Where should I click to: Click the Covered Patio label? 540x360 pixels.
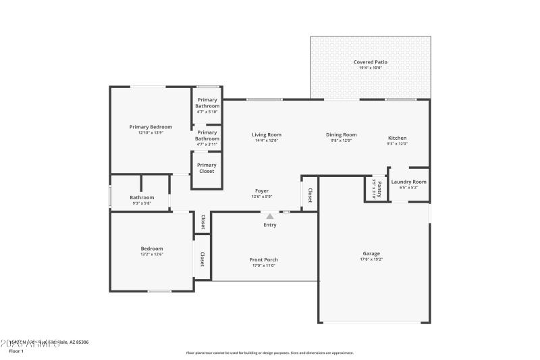(x=371, y=62)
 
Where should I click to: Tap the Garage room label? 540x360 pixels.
(x=371, y=254)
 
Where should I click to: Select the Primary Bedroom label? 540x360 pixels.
(x=151, y=127)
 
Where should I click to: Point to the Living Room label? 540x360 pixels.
(x=267, y=134)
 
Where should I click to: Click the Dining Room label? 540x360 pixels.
(x=341, y=134)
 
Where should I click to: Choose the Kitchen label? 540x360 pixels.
(x=397, y=138)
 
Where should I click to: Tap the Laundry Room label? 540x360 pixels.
(x=409, y=182)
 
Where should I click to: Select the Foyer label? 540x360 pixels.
(x=262, y=191)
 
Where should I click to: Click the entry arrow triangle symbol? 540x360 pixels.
(x=270, y=217)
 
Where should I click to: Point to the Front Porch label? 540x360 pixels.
(x=264, y=259)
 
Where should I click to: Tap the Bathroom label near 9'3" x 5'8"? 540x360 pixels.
(x=142, y=197)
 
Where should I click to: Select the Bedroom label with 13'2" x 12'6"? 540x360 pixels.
(x=151, y=249)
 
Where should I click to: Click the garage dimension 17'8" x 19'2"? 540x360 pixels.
(x=371, y=260)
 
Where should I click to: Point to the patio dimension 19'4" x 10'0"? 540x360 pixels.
(x=371, y=68)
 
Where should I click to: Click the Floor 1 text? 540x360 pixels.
(x=16, y=351)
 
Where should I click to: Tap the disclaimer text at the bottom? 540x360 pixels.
(x=269, y=353)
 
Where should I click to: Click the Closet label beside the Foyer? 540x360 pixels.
(x=310, y=195)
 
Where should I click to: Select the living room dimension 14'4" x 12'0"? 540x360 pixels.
(x=267, y=140)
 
